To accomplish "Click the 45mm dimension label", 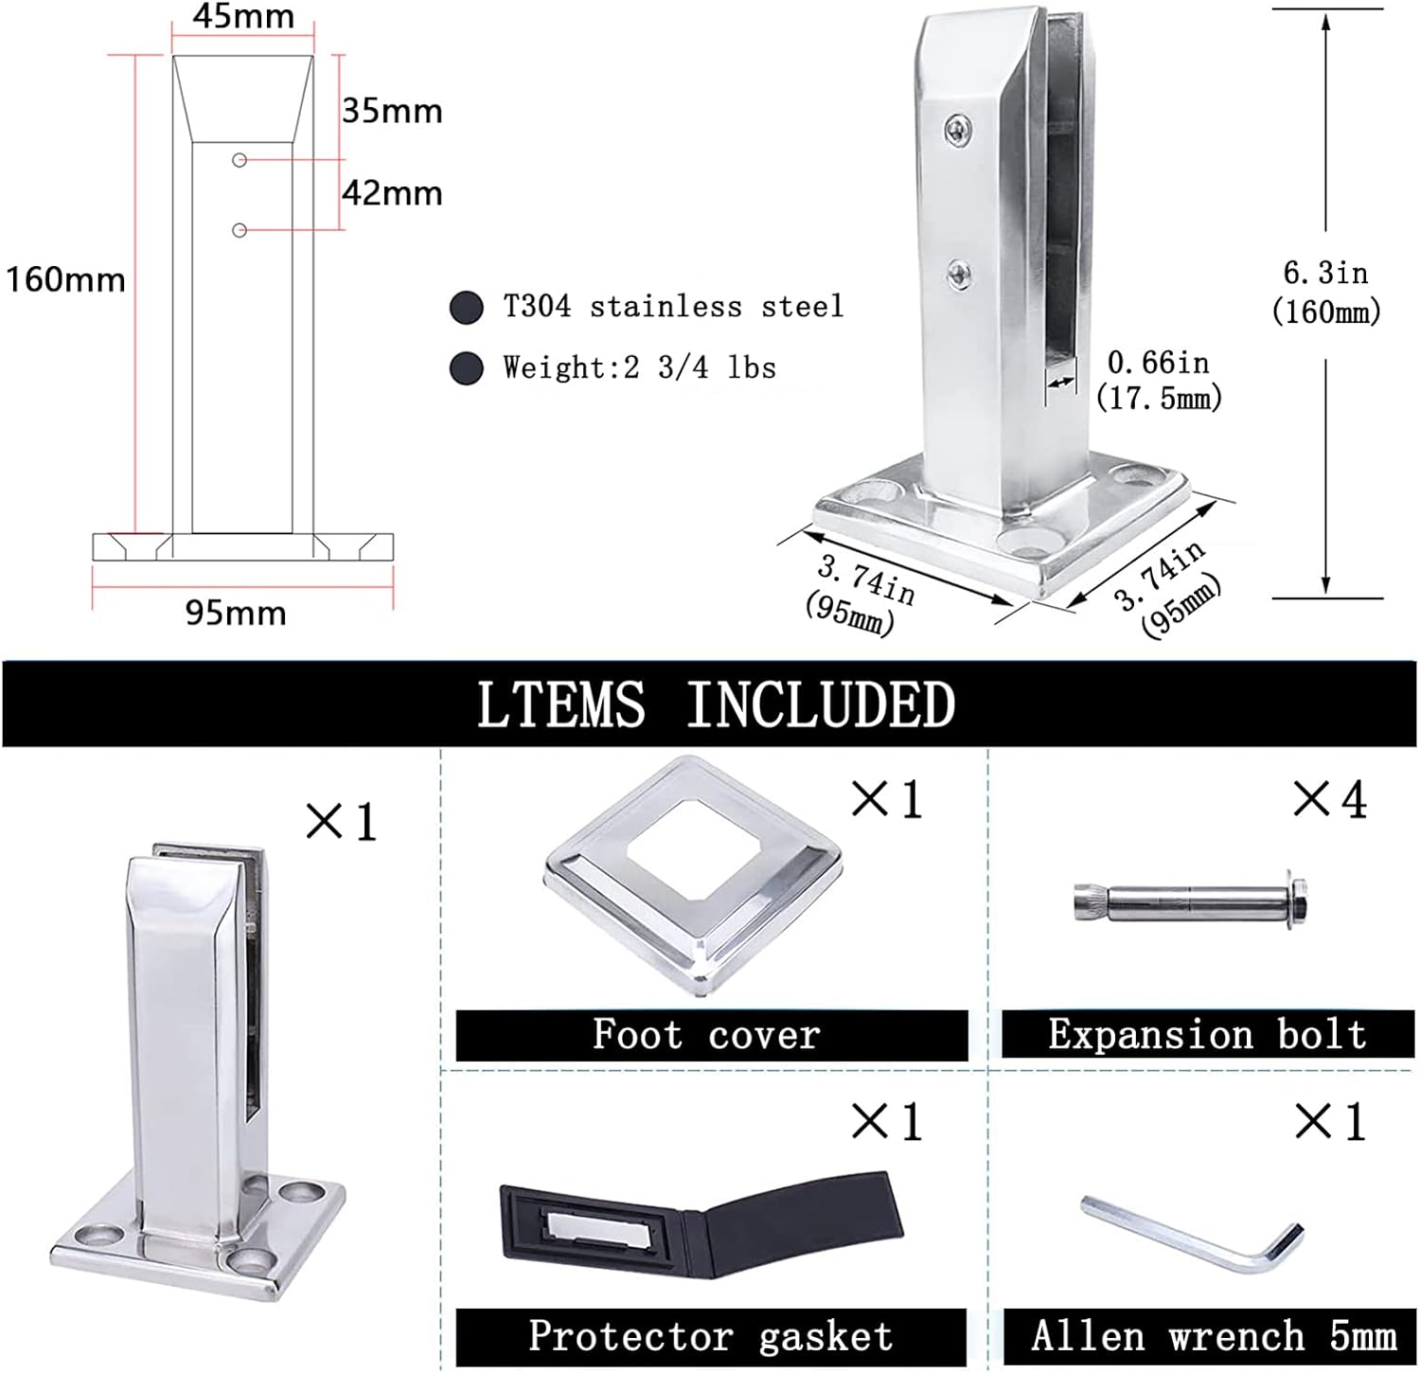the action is tap(243, 16).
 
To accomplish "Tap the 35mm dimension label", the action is tap(392, 111).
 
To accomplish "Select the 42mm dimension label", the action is tap(392, 193).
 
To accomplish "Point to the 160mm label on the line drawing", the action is tap(65, 279).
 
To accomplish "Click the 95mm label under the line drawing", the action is tap(236, 613).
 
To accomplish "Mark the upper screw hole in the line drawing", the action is tap(240, 161).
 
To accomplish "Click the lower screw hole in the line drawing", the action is tap(240, 230).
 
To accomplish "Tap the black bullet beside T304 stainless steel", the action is tap(466, 308).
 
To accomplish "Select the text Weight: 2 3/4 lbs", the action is tap(639, 367).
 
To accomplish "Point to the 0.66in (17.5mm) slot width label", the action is tap(1159, 379).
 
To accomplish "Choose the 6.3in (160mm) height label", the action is tap(1325, 292).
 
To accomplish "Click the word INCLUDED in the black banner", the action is tap(820, 704).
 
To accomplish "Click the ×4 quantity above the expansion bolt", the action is tap(1330, 800).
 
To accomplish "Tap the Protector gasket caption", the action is tap(711, 1336).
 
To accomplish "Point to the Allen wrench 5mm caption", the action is tap(1214, 1336).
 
